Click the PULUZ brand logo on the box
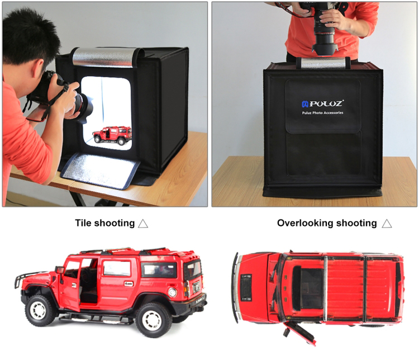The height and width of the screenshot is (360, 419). coord(322,103)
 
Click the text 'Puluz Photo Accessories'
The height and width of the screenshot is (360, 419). coord(322,113)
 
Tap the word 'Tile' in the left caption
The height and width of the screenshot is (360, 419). coord(83,223)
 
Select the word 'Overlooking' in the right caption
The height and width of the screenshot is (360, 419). coord(303,223)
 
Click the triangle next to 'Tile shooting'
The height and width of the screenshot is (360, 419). coord(143,224)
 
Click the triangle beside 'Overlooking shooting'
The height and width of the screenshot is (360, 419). coord(387,224)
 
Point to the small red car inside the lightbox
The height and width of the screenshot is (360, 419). coord(112,135)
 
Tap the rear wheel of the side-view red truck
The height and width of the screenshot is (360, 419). coord(153,320)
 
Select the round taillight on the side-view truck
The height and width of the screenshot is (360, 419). coord(173,292)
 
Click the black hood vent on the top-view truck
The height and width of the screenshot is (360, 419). coord(246,287)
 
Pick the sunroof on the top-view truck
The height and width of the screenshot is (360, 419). coord(308,288)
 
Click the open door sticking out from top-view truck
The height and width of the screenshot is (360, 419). coord(300,333)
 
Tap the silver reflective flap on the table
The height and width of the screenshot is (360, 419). coord(99,170)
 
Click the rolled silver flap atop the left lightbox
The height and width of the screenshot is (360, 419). coord(104,57)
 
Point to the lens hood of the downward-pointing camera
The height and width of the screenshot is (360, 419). coord(325,50)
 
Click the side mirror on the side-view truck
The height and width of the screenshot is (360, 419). coord(59,271)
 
